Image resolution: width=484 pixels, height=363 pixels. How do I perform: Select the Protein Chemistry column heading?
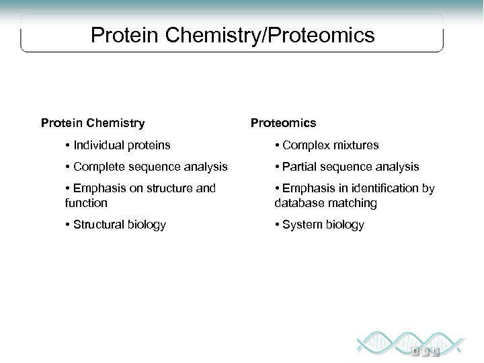[93, 123]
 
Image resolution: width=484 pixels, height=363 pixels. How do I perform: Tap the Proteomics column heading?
[283, 123]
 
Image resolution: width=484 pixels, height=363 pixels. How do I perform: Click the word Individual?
[98, 145]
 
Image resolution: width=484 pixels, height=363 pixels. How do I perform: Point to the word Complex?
[306, 145]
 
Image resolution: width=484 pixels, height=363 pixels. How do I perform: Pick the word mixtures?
[354, 145]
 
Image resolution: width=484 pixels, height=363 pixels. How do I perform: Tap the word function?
[87, 202]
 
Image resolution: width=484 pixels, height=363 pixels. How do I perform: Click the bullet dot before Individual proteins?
[69, 145]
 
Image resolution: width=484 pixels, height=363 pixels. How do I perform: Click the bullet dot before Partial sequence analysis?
[278, 167]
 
